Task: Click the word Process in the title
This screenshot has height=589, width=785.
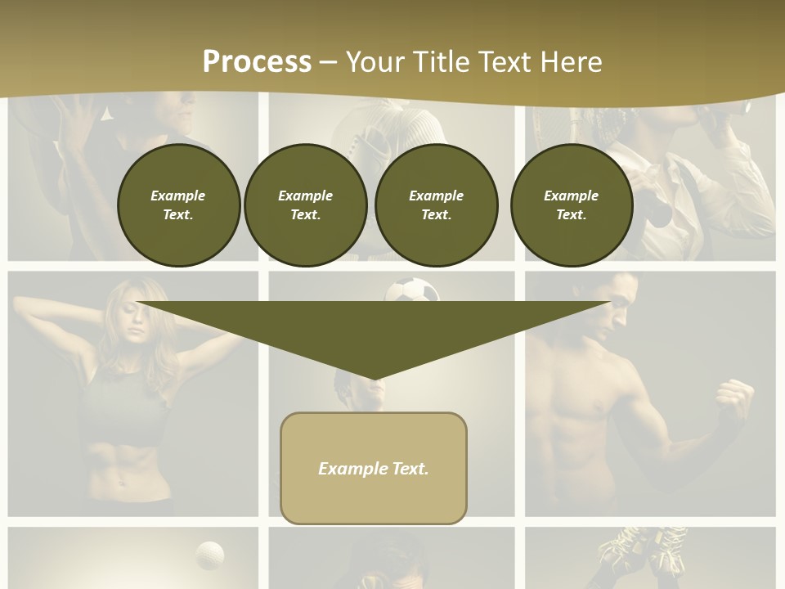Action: tap(257, 62)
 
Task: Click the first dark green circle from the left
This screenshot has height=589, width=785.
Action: tap(178, 205)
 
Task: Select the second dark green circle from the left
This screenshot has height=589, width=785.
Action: tap(305, 205)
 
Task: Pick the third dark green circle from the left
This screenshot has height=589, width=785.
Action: tap(436, 205)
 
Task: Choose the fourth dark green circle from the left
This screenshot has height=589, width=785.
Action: tap(571, 205)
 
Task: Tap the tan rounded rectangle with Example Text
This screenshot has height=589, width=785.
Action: tap(374, 468)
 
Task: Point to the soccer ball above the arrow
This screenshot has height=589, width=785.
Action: tap(412, 290)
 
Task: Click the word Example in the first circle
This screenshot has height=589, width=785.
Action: tap(178, 196)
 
